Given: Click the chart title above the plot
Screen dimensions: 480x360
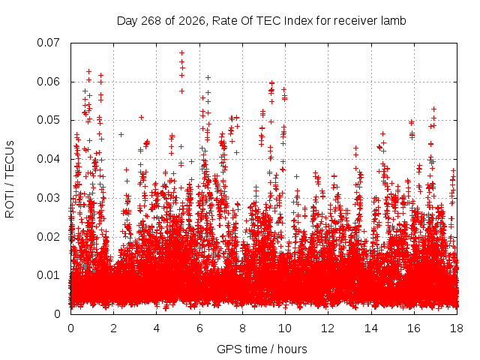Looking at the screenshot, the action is click(262, 21).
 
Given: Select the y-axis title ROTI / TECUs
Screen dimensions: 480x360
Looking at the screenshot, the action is click(10, 179).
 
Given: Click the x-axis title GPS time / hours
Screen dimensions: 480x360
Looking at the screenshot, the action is click(262, 349).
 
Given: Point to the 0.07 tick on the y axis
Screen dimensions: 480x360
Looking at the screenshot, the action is click(48, 43).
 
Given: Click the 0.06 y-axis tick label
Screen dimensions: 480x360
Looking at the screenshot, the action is click(48, 82).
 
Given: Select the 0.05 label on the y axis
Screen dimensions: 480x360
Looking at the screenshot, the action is click(48, 120).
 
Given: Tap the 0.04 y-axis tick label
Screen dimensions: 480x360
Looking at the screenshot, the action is click(48, 159).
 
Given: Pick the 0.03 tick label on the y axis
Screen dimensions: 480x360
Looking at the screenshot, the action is click(48, 198).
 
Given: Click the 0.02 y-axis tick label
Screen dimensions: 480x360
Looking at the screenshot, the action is click(48, 237).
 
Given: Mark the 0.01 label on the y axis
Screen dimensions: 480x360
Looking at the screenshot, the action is click(48, 275).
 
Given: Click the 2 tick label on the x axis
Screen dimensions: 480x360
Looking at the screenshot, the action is click(113, 328).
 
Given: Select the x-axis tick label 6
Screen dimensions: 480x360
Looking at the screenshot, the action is click(199, 328).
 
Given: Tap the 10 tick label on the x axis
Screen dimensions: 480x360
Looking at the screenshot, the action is click(285, 328).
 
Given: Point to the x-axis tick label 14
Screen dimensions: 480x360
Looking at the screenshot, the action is click(371, 328).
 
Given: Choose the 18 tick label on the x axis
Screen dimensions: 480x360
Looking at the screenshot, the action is click(457, 328).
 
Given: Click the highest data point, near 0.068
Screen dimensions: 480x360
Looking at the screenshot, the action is click(181, 53).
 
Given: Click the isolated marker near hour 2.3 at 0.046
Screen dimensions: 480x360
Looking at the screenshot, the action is click(121, 134).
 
